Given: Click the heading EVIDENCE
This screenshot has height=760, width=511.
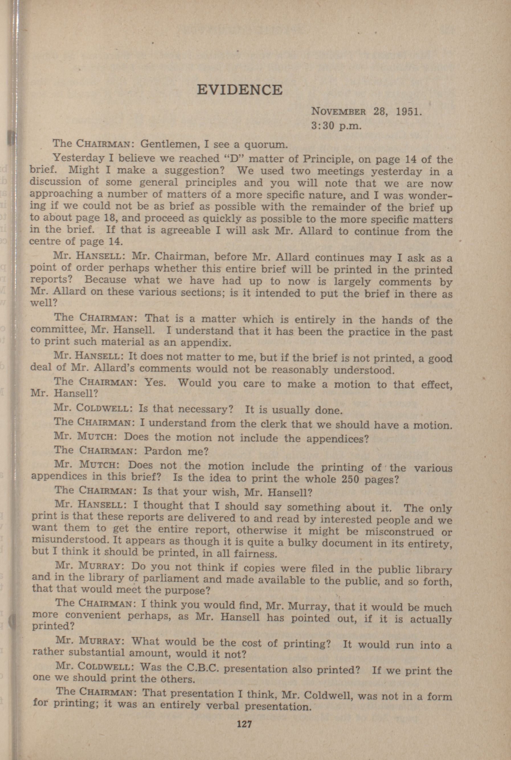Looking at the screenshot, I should coord(240,90).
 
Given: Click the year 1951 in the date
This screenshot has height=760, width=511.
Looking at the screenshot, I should coord(409,111).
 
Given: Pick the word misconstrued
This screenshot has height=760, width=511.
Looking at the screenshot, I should coord(400,532).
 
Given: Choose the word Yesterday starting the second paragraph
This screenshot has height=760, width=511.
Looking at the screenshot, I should coord(79,158).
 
